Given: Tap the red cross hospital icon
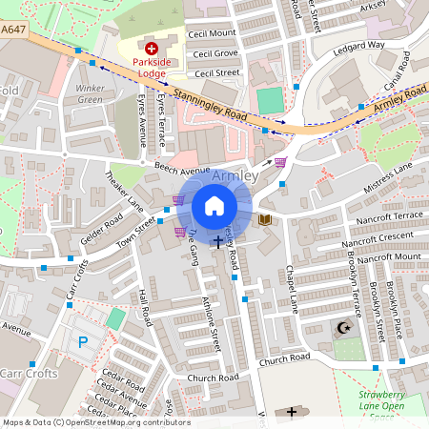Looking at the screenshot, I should pos(150,47).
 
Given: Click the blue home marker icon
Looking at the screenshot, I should pos(214,206).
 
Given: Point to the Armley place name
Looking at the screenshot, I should pos(235,177).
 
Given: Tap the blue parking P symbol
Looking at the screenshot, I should pos(83,339).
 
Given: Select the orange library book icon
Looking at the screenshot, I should pos(265,220).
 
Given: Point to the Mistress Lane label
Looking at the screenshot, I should pos(388,177).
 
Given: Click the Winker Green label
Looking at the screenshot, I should pos(90,94).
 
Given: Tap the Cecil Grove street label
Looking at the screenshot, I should pos(215,53).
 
